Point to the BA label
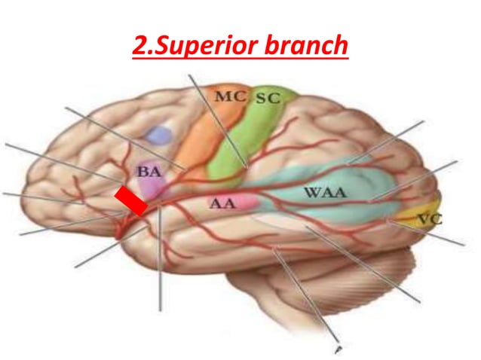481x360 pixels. pos(149,172)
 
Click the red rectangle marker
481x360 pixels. pos(130,202)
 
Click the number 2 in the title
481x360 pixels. pos(139,47)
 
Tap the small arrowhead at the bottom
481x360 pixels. pos(339,349)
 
